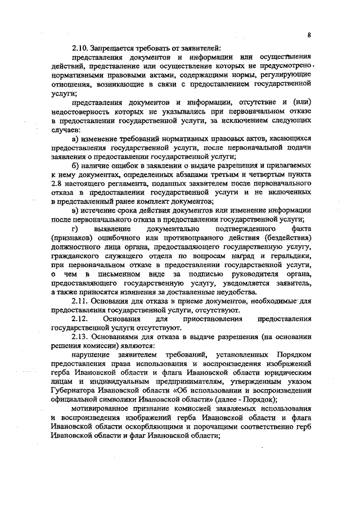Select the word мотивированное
point(103,409)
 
